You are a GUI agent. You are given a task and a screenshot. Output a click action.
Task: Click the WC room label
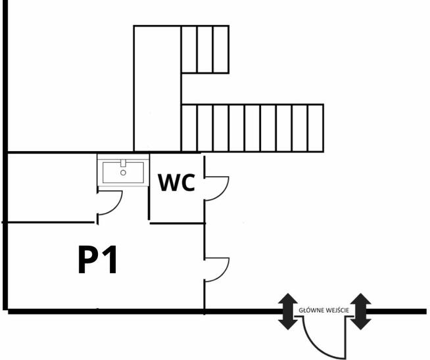tap(176, 182)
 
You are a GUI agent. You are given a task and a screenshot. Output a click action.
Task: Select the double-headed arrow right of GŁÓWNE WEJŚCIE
tap(361, 311)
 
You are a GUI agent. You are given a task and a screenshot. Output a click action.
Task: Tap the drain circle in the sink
tap(123, 173)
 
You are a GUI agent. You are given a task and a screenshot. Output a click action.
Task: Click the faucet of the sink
tap(123, 162)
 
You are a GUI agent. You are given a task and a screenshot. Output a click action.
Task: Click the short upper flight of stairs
tap(205, 49)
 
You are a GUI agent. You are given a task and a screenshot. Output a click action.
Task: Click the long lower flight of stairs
tap(252, 127)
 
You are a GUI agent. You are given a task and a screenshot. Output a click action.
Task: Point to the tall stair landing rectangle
tap(156, 88)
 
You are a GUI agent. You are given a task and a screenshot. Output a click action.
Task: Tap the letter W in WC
tap(168, 182)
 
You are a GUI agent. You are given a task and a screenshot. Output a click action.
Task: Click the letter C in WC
tap(187, 182)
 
